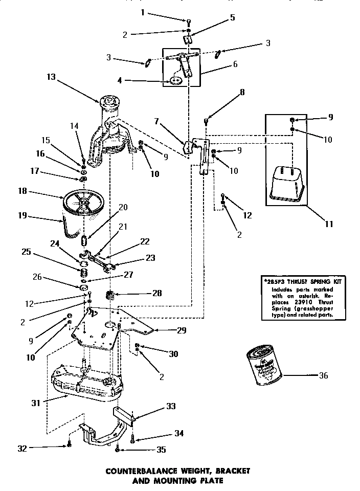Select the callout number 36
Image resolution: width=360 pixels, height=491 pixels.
(323, 375)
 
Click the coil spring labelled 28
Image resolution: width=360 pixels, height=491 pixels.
(109, 295)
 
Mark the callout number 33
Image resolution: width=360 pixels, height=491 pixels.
(171, 407)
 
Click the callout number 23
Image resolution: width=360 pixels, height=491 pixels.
(150, 258)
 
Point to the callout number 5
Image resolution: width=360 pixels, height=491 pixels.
(232, 17)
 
